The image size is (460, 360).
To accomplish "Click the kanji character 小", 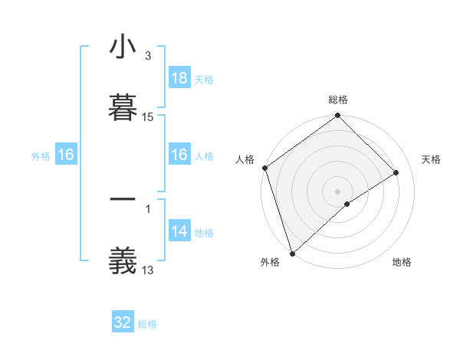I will tap(123, 48).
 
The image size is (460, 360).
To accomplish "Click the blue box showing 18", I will tap(179, 78).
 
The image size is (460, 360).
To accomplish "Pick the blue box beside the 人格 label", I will tap(179, 155).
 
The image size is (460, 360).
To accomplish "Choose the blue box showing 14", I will tap(179, 231).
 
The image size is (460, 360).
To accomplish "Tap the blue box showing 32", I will tap(123, 322).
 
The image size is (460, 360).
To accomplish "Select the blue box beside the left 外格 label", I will tap(66, 155).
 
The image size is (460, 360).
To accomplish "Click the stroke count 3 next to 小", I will tap(147, 56).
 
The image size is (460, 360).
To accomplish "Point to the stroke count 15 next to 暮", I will tap(148, 117).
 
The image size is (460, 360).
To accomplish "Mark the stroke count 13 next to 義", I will tap(148, 270).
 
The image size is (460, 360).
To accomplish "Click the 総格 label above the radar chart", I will tap(338, 100).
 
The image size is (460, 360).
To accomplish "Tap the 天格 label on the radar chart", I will tap(432, 159).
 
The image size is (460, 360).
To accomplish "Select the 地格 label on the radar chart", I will tap(402, 262).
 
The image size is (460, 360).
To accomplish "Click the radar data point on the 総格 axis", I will tap(338, 116).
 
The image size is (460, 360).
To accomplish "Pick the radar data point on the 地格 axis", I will tap(347, 204).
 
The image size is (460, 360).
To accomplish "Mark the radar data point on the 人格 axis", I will tap(264, 168).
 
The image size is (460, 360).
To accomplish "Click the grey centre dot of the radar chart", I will tap(338, 191).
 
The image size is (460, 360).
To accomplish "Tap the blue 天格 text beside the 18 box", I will tap(204, 79).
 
